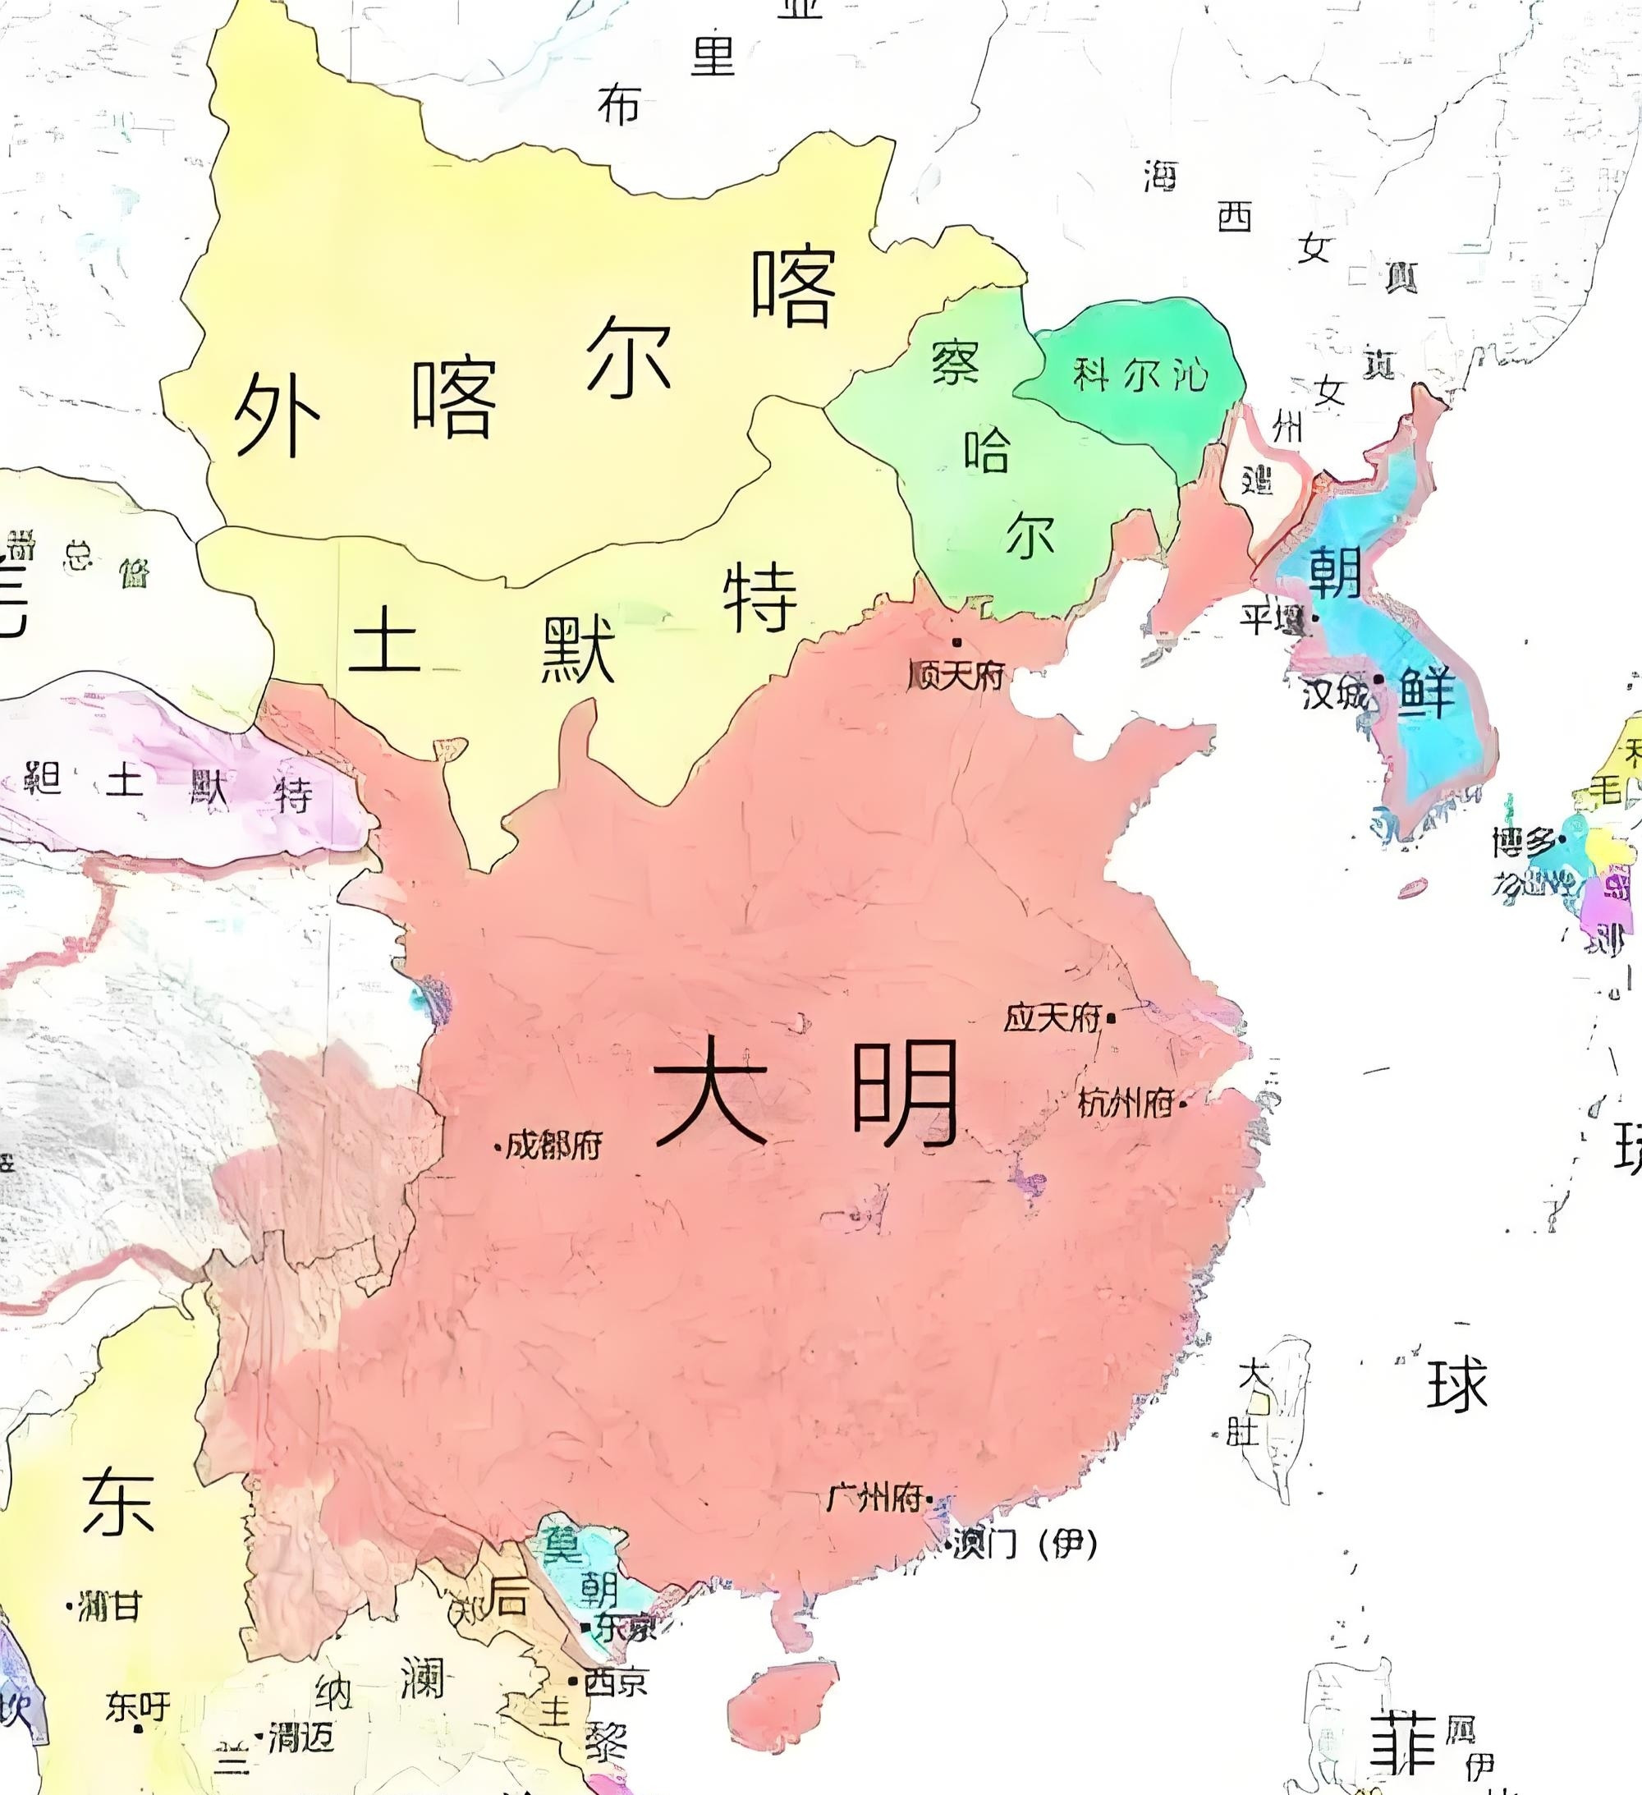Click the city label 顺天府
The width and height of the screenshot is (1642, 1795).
[x=956, y=676]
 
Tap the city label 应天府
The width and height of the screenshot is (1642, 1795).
[x=1053, y=1017]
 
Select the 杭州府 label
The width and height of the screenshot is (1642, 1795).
[x=1125, y=1104]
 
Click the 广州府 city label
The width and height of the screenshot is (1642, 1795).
[x=874, y=1499]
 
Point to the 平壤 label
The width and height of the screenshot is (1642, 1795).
[x=1272, y=619]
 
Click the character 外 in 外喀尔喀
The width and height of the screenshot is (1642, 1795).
[x=276, y=414]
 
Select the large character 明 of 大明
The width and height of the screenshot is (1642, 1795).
[x=904, y=1095]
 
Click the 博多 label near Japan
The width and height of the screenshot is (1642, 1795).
[x=1525, y=842]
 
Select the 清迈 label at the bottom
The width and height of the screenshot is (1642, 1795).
[x=301, y=1735]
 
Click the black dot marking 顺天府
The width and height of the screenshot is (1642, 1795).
[x=957, y=642]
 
